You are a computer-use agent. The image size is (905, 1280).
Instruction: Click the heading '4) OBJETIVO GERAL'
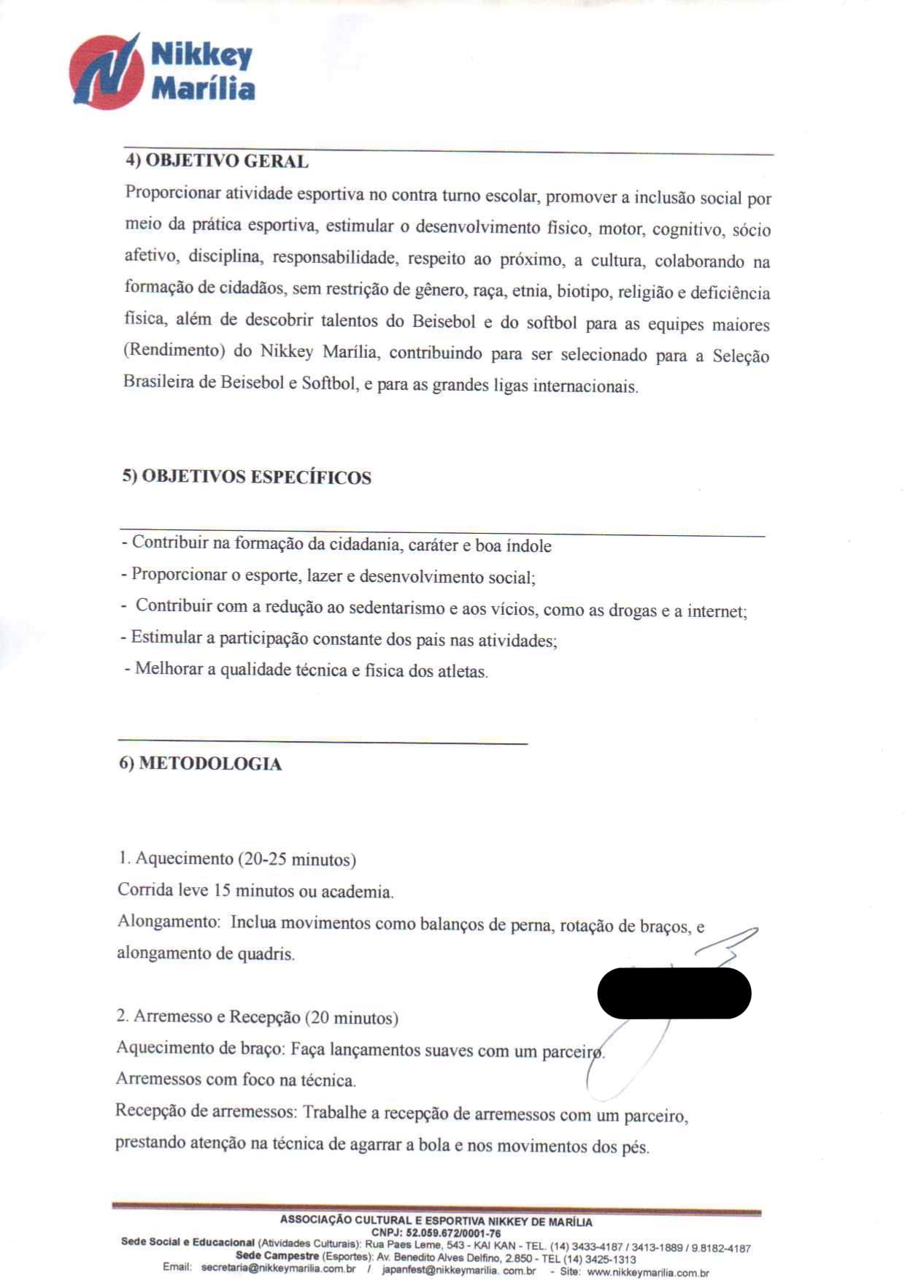pyautogui.click(x=217, y=161)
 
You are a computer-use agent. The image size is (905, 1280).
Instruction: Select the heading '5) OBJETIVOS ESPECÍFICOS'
pyautogui.click(x=247, y=478)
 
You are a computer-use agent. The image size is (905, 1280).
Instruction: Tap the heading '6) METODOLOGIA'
pyautogui.click(x=201, y=764)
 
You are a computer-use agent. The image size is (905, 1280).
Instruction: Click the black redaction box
pyautogui.click(x=674, y=993)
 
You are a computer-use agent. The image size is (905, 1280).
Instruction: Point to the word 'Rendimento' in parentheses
pyautogui.click(x=174, y=350)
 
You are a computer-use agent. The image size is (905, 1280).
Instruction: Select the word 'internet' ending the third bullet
pyautogui.click(x=715, y=611)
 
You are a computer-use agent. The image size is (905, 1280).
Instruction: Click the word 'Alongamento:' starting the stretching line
pyautogui.click(x=169, y=921)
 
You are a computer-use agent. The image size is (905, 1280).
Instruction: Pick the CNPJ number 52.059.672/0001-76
pyautogui.click(x=453, y=1233)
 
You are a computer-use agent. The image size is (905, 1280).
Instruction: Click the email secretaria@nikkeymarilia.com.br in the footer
pyautogui.click(x=278, y=1268)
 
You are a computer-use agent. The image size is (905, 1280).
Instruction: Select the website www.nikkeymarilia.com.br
pyautogui.click(x=647, y=1273)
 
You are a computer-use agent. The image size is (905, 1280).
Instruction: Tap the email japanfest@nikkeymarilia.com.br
pyautogui.click(x=458, y=1271)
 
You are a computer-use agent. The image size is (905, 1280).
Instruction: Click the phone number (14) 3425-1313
pyautogui.click(x=599, y=1259)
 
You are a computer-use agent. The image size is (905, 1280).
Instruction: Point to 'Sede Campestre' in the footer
pyautogui.click(x=277, y=1256)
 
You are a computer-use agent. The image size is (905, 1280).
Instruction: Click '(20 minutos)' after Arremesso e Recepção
pyautogui.click(x=352, y=1018)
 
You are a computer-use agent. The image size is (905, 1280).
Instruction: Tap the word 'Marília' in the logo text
pyautogui.click(x=203, y=89)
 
